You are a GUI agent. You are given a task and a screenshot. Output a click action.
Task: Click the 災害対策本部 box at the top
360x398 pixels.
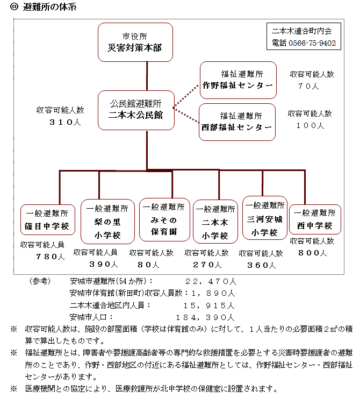click(x=135, y=42)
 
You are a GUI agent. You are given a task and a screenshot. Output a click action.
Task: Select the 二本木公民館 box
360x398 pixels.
click(x=136, y=110)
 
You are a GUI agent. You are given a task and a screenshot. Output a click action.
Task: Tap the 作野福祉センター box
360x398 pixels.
click(x=238, y=80)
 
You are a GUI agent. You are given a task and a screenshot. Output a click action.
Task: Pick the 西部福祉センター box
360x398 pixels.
click(x=237, y=122)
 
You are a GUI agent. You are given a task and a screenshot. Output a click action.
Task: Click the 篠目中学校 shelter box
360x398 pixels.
click(x=48, y=220)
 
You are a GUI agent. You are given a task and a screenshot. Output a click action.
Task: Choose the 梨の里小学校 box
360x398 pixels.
click(x=107, y=222)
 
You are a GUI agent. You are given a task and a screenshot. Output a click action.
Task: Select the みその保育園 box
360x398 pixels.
click(x=164, y=220)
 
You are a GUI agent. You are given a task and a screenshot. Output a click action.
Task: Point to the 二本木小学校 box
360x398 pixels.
click(x=215, y=222)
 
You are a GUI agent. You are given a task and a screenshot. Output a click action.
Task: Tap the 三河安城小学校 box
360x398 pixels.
click(x=265, y=218)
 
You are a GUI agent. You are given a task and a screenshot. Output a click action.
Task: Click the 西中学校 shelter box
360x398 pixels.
click(x=315, y=219)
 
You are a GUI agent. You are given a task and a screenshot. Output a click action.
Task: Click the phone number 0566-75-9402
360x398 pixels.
click(x=312, y=43)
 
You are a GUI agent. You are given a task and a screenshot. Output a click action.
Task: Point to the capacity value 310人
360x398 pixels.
click(x=65, y=122)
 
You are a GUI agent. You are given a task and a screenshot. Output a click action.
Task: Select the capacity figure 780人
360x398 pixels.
click(x=51, y=257)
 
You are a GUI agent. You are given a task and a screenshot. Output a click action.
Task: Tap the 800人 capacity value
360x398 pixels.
click(x=313, y=253)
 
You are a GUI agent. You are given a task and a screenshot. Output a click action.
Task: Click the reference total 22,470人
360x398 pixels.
click(x=211, y=281)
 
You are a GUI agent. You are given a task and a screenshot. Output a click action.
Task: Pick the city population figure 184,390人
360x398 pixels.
click(x=205, y=317)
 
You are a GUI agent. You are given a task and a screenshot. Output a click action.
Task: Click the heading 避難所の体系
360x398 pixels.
click(x=49, y=7)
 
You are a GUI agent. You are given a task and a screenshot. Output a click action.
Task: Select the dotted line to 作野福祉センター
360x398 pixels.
click(x=186, y=96)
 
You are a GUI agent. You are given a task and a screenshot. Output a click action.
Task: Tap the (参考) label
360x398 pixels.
click(x=40, y=281)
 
